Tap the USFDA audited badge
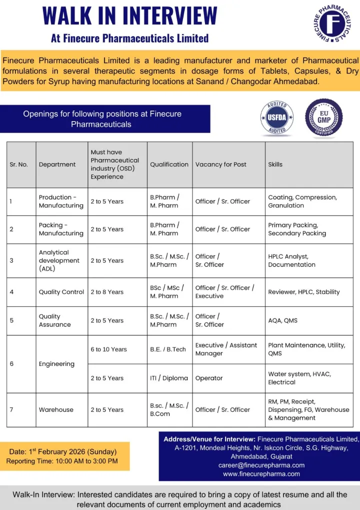[x=277, y=119]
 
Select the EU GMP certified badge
[x=324, y=118]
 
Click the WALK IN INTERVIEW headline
[x=130, y=16]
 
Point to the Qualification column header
[x=169, y=164]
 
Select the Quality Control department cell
[x=61, y=292]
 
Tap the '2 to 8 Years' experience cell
[x=107, y=292]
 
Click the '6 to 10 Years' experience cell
[x=108, y=349]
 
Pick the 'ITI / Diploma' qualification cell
[x=169, y=378]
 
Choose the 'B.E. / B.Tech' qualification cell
[x=168, y=349]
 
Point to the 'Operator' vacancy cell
[x=209, y=378]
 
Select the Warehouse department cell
[x=56, y=409]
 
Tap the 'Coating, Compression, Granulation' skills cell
[x=302, y=201]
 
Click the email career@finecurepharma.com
[x=261, y=465]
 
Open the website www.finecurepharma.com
[x=261, y=473]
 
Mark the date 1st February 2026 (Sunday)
[x=62, y=451]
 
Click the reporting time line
[x=62, y=461]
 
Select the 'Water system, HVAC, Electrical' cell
[x=299, y=378]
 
